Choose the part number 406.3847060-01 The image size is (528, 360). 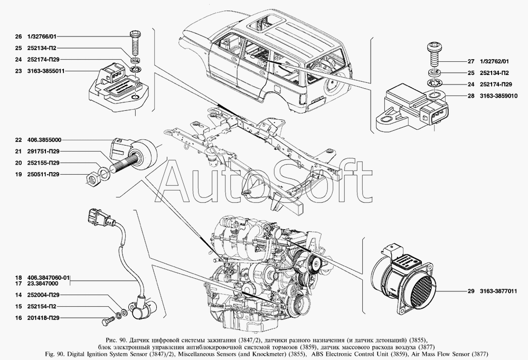tap(47, 278)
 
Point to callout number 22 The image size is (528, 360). tap(18, 140)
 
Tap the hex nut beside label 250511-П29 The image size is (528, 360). tap(91, 179)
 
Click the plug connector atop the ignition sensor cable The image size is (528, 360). tap(97, 216)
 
